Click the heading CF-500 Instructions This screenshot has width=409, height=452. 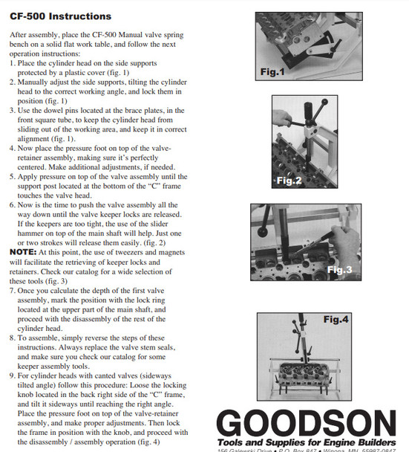(61, 16)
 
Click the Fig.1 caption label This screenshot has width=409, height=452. (272, 72)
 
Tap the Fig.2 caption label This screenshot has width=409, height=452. (289, 181)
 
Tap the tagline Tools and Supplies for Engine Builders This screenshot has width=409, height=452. (306, 441)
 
